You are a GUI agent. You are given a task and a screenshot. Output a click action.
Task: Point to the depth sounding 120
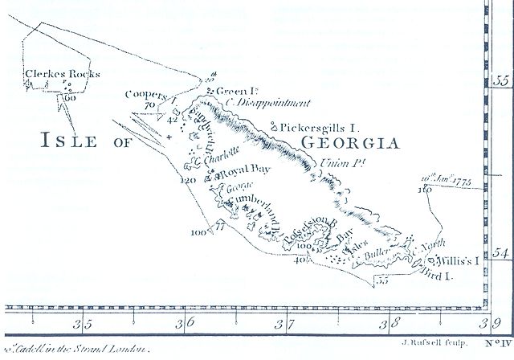(189, 181)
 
